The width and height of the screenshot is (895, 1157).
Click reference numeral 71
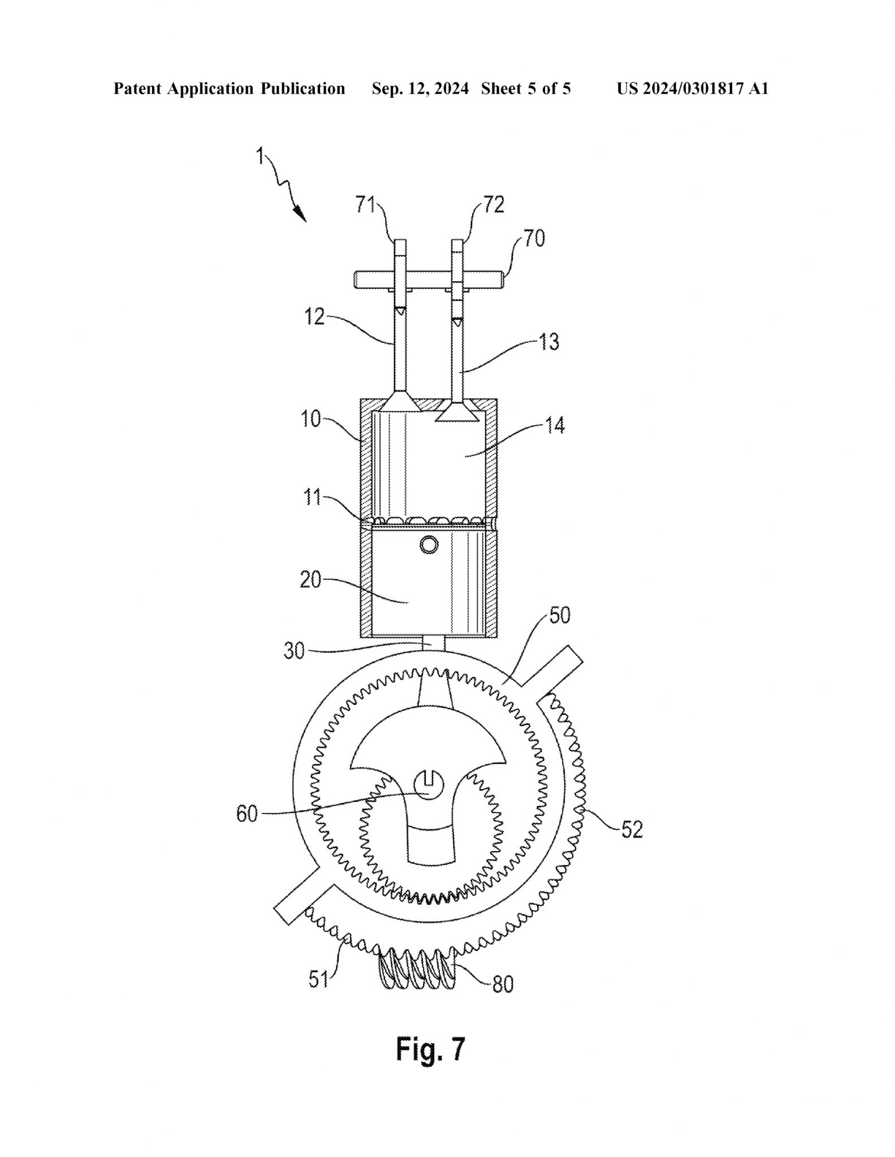(x=365, y=205)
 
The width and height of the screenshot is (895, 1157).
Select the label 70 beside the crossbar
(x=534, y=238)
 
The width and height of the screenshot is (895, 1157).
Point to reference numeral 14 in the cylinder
(x=555, y=425)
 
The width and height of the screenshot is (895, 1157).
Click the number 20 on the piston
(x=310, y=580)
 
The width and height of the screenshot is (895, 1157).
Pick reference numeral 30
(x=294, y=651)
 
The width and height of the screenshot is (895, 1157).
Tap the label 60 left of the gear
(x=247, y=814)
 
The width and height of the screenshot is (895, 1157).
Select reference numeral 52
(x=632, y=829)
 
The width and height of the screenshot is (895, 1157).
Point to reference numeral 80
(x=503, y=984)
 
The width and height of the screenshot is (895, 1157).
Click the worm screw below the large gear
(x=418, y=968)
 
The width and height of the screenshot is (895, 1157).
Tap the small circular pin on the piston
(x=429, y=545)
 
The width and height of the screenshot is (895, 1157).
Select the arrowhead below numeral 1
(x=300, y=215)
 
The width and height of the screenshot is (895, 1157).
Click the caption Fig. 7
(x=430, y=1049)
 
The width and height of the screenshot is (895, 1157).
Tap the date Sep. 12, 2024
(x=420, y=89)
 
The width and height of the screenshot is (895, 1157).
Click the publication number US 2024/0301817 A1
(x=692, y=89)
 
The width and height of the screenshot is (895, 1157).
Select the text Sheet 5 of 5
(x=526, y=89)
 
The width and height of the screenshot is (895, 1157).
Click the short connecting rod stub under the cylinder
(x=434, y=643)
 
